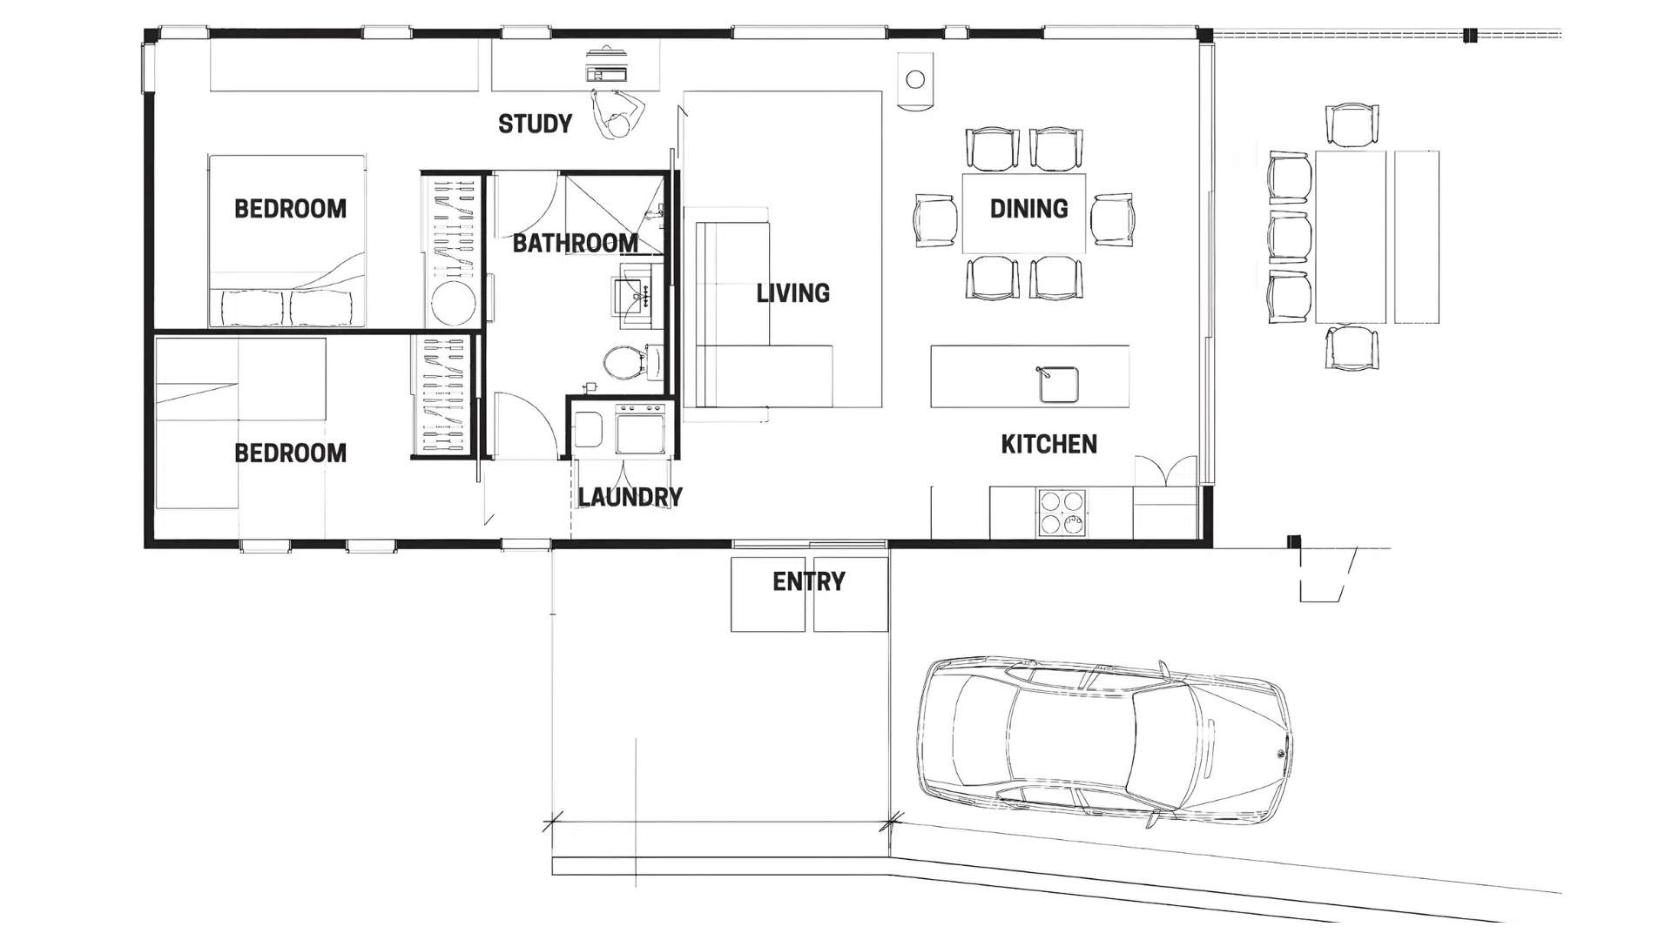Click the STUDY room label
(535, 124)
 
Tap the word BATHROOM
(575, 243)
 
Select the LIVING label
(792, 293)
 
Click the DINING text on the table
(1028, 209)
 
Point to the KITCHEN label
(1048, 444)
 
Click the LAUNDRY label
(630, 497)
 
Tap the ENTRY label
(808, 581)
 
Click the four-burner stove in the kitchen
(1062, 512)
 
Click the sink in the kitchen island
(1059, 384)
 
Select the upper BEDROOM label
(290, 209)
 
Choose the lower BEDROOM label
(290, 453)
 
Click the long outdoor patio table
(1350, 237)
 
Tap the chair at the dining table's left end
(935, 220)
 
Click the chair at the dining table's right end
(1113, 219)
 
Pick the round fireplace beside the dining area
(915, 80)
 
